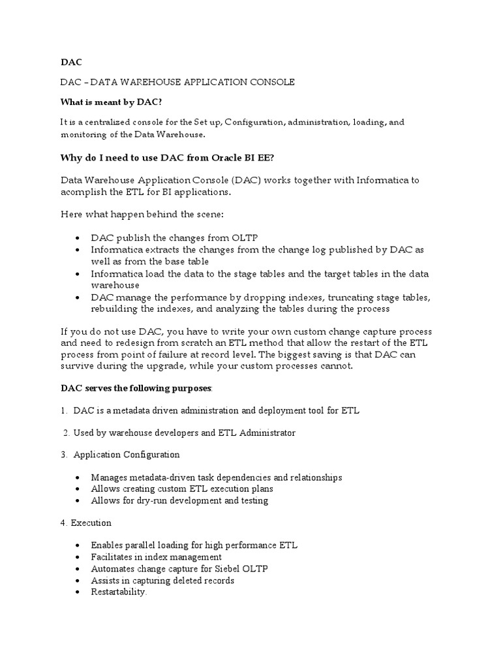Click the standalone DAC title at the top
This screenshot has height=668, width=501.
click(x=71, y=62)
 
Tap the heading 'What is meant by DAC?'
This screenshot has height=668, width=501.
click(x=111, y=102)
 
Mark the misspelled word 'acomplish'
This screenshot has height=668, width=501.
click(x=83, y=192)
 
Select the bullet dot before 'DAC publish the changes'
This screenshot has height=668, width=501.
click(x=78, y=238)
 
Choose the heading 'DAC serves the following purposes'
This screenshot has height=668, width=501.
click(x=136, y=388)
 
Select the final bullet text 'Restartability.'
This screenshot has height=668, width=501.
click(x=119, y=592)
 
